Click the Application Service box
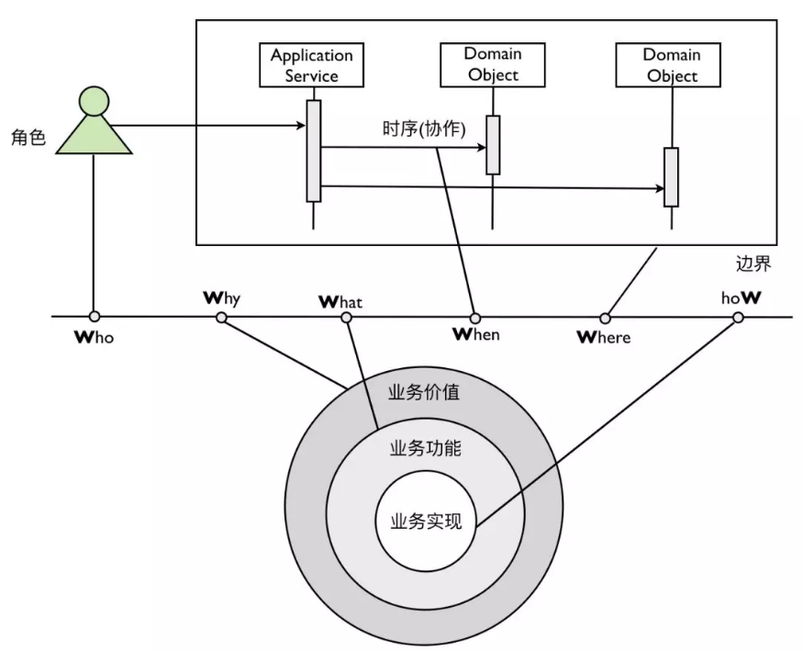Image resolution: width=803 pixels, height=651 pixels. click(x=311, y=65)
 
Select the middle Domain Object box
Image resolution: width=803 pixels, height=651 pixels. click(x=493, y=65)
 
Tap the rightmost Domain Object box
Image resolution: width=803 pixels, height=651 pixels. click(x=668, y=65)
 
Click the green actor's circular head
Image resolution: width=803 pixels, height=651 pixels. click(x=95, y=101)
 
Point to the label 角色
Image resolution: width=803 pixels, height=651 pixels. click(x=28, y=137)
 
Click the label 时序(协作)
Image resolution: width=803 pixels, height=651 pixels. click(x=424, y=129)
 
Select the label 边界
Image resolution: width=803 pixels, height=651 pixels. click(x=753, y=264)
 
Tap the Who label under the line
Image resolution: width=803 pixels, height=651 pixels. click(x=95, y=337)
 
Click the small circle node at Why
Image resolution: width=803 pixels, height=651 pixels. click(x=221, y=318)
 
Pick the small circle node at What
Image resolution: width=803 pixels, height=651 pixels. click(x=347, y=318)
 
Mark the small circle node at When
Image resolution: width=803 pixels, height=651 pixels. click(x=475, y=318)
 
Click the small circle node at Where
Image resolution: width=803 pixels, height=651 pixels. click(x=606, y=319)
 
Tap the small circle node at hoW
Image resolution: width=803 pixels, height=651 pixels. click(x=738, y=318)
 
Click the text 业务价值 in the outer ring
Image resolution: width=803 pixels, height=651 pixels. click(x=424, y=392)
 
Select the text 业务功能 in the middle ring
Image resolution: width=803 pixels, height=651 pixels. click(x=426, y=448)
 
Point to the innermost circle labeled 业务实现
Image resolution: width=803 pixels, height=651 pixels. click(x=426, y=521)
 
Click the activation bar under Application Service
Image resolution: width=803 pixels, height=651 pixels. click(x=314, y=151)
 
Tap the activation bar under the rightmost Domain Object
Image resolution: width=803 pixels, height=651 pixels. click(x=672, y=177)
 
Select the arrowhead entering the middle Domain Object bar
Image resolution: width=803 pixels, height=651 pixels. click(x=482, y=148)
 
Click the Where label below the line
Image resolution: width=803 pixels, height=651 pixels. click(x=604, y=337)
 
